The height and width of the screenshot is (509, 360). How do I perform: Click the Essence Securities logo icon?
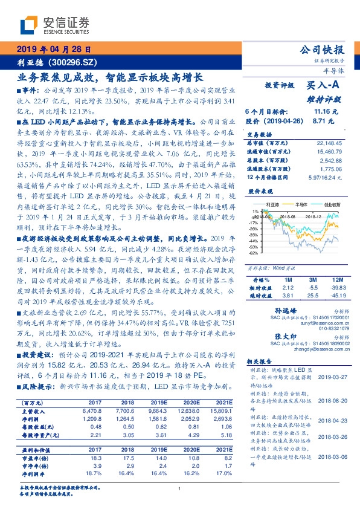28,24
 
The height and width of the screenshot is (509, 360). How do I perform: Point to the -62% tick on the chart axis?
255,253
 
